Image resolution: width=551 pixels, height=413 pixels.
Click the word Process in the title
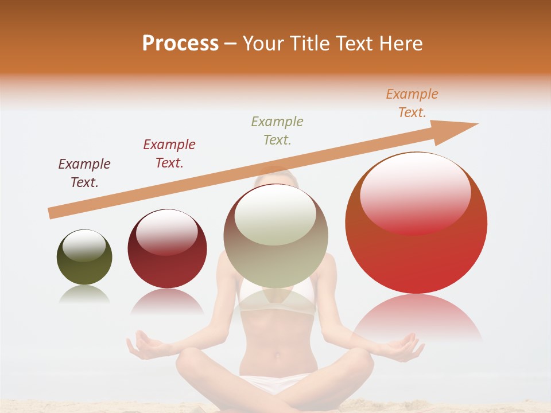click(180, 44)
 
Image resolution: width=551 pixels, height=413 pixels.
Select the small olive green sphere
click(84, 257)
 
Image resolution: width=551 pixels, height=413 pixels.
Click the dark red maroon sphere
click(167, 249)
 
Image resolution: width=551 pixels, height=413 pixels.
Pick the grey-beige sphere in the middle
click(276, 236)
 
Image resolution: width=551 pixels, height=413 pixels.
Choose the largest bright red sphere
click(416, 223)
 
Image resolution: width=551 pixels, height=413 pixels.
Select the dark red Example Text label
click(169, 154)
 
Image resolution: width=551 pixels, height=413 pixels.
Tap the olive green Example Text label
click(277, 130)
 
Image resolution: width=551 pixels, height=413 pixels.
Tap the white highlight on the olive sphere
click(84, 246)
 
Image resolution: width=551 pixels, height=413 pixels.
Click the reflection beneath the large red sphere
click(416, 318)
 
